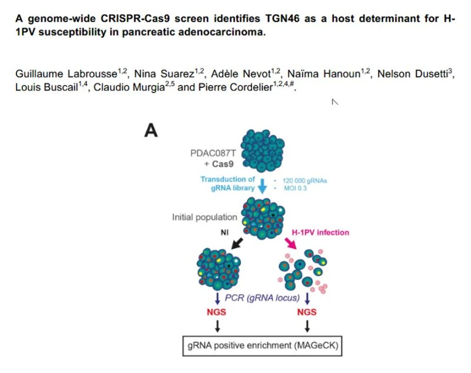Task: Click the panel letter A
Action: coord(151,131)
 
